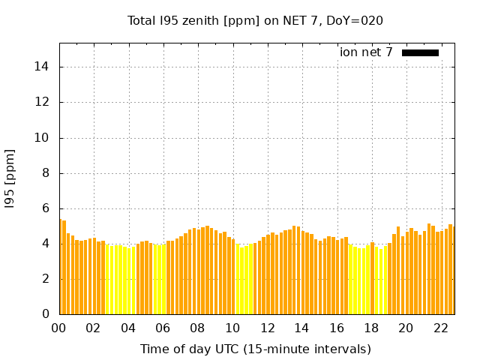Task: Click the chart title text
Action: coord(255,21)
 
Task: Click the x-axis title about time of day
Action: coord(255,349)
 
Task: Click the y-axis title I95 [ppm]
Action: coord(10,178)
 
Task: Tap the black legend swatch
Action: coord(420,52)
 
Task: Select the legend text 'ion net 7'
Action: coord(366,52)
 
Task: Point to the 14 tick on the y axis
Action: coord(43,67)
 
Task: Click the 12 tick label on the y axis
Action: coord(43,102)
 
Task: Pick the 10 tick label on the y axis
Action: coord(43,137)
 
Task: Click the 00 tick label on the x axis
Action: coord(59,328)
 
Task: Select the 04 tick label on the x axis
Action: coord(128,328)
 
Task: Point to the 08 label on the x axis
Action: coord(198,328)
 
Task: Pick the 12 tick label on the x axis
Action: coord(267,328)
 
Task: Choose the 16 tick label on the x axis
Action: coord(337,328)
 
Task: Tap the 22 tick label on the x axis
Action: coord(440,328)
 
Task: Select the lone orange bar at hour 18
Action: coord(372,278)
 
